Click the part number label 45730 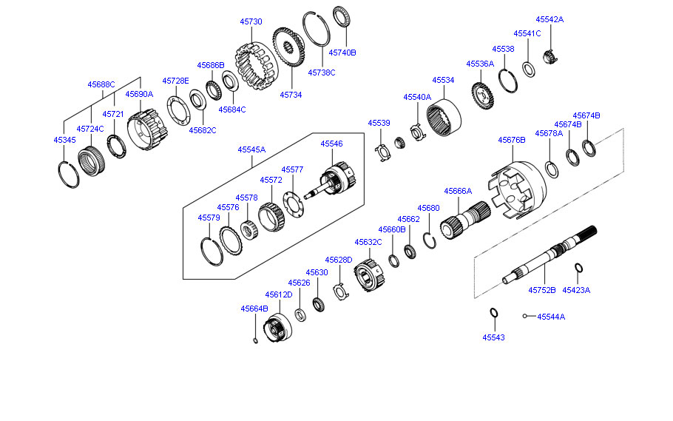[251, 22]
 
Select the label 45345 [64, 140]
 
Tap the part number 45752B [541, 291]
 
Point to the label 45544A [551, 317]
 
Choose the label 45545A [251, 149]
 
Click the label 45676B [512, 140]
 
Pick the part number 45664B [254, 309]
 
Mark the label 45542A [549, 19]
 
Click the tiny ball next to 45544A [524, 317]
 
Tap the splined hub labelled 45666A [466, 218]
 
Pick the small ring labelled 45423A [579, 268]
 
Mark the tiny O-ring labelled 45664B [254, 340]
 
